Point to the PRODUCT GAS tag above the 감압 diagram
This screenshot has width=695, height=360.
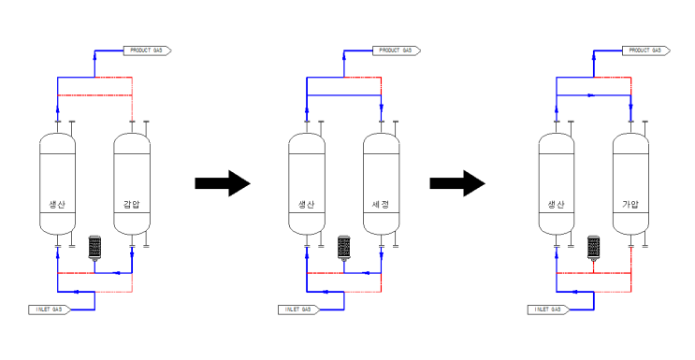[x=148, y=50]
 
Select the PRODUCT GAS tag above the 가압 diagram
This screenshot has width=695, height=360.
[x=645, y=50]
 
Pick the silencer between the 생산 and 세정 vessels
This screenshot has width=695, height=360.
[x=343, y=247]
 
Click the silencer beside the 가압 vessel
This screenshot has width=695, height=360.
[x=593, y=247]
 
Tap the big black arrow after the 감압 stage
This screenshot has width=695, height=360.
[x=223, y=182]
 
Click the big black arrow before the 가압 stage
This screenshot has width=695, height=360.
[x=456, y=182]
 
